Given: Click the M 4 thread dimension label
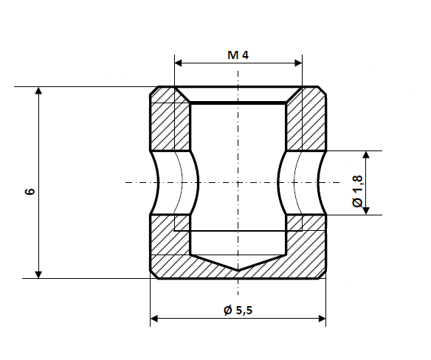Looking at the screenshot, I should (238, 55).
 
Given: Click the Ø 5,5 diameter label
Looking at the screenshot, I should (238, 310).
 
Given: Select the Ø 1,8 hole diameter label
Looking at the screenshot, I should (358, 191).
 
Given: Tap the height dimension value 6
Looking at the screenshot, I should (29, 191).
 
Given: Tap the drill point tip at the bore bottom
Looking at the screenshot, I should (238, 269).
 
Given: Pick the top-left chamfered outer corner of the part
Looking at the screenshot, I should (154, 91).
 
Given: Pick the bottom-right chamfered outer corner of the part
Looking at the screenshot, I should (323, 275).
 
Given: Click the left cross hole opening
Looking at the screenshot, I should (175, 183).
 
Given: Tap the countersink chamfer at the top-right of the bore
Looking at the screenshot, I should (294, 95).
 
